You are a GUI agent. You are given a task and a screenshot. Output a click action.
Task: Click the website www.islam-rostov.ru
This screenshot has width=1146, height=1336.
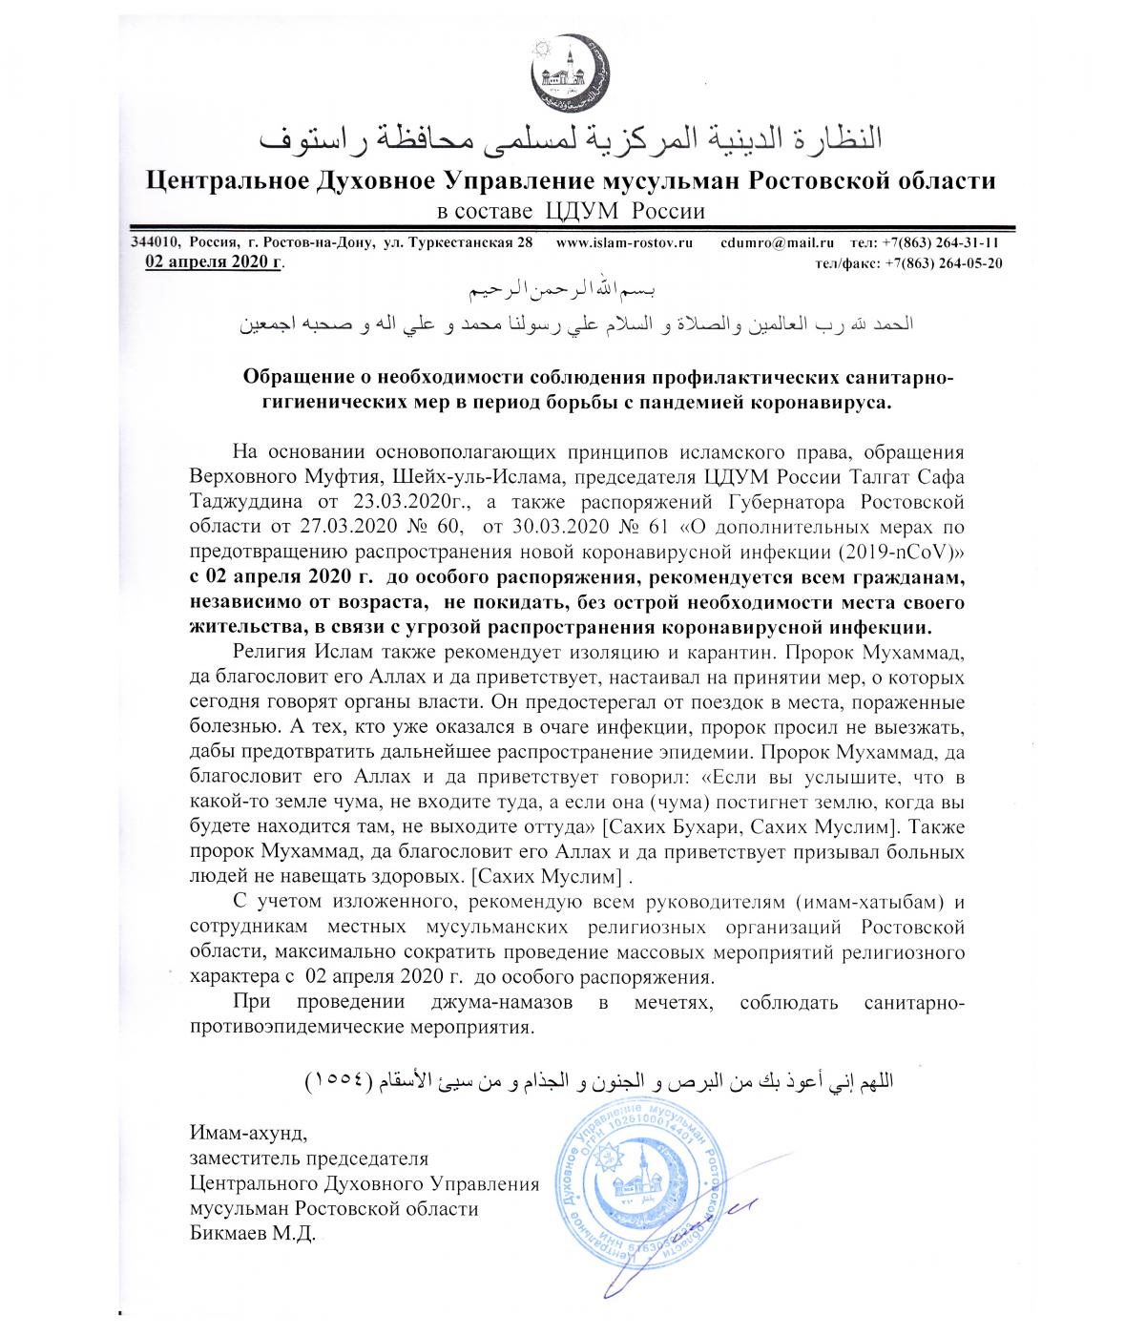click(623, 243)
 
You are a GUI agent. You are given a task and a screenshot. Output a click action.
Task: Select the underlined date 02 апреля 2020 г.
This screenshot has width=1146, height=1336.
click(214, 262)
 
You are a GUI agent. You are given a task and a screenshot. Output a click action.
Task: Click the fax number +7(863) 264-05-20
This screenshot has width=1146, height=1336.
click(943, 263)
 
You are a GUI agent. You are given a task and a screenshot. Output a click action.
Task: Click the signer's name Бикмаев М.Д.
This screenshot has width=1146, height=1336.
click(251, 1235)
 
